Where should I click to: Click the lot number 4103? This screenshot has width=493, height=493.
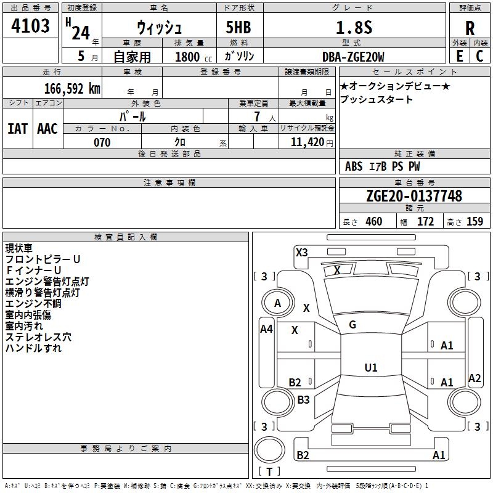click(30, 26)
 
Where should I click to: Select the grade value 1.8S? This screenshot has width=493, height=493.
click(354, 27)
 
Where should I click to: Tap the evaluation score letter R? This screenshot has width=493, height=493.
click(470, 28)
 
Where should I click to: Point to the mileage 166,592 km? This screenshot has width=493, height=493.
click(72, 89)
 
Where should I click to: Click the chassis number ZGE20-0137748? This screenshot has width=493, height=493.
click(414, 196)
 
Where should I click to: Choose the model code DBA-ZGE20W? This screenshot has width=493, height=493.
click(353, 57)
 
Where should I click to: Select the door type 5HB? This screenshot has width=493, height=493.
click(238, 27)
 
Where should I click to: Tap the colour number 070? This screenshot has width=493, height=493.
click(102, 142)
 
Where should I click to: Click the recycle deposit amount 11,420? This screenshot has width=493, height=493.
click(307, 142)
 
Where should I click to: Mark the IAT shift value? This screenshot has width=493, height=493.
click(18, 129)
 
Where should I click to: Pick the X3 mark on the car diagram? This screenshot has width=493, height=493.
click(301, 253)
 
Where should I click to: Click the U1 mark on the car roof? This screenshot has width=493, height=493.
click(371, 367)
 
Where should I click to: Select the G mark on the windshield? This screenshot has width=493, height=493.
click(352, 325)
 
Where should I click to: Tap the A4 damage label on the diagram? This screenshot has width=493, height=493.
click(266, 329)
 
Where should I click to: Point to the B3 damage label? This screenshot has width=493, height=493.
click(303, 399)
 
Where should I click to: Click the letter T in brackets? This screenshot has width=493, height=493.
click(269, 471)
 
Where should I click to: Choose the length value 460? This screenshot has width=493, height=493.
click(374, 221)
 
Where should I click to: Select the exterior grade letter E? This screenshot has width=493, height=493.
click(459, 56)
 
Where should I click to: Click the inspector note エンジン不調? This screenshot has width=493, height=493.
click(33, 304)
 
